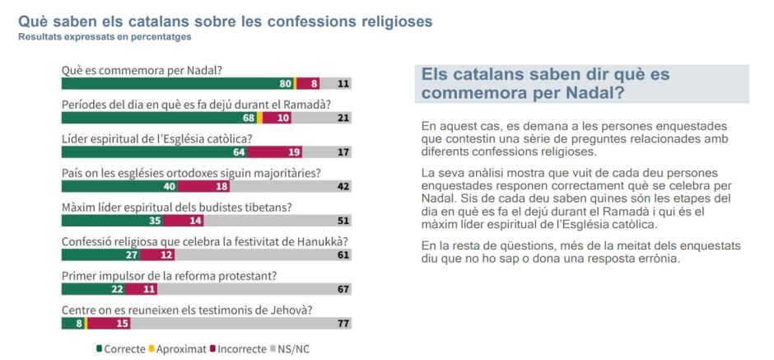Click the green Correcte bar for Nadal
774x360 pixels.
(x=177, y=84)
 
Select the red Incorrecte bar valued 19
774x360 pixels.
(x=274, y=152)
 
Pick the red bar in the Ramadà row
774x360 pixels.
(x=282, y=118)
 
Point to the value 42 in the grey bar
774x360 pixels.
(x=343, y=186)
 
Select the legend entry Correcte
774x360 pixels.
(x=120, y=348)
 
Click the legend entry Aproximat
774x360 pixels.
(x=179, y=348)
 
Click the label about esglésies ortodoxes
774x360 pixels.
(x=191, y=173)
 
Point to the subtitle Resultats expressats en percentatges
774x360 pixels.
(x=105, y=36)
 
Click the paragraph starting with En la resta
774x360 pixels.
(x=580, y=252)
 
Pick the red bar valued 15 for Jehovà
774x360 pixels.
(x=106, y=323)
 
